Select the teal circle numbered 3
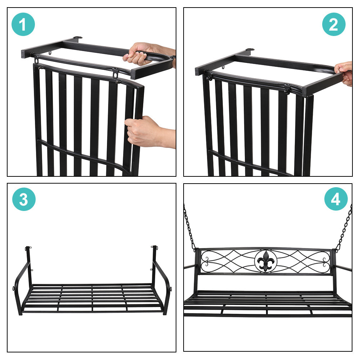pyautogui.click(x=24, y=199)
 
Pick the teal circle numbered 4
pyautogui.click(x=336, y=199)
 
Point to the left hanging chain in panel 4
pyautogui.click(x=189, y=227)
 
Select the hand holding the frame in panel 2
pyautogui.click(x=344, y=72)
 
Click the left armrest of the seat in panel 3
pyautogui.click(x=21, y=284)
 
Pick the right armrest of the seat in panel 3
pyautogui.click(x=164, y=284)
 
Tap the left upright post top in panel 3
pyautogui.click(x=28, y=248)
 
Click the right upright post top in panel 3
pyautogui.click(x=154, y=248)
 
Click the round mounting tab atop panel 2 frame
pyautogui.click(x=250, y=50)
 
